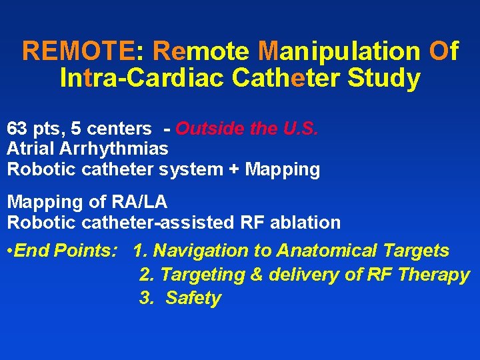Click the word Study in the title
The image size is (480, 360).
[384, 79]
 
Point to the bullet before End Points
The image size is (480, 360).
[9, 251]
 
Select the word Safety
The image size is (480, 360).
[193, 298]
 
